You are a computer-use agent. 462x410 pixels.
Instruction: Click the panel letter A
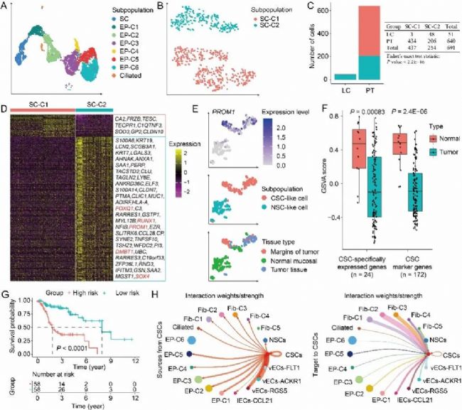coord(5,6)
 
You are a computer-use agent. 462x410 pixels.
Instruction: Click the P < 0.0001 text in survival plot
coord(72,330)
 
